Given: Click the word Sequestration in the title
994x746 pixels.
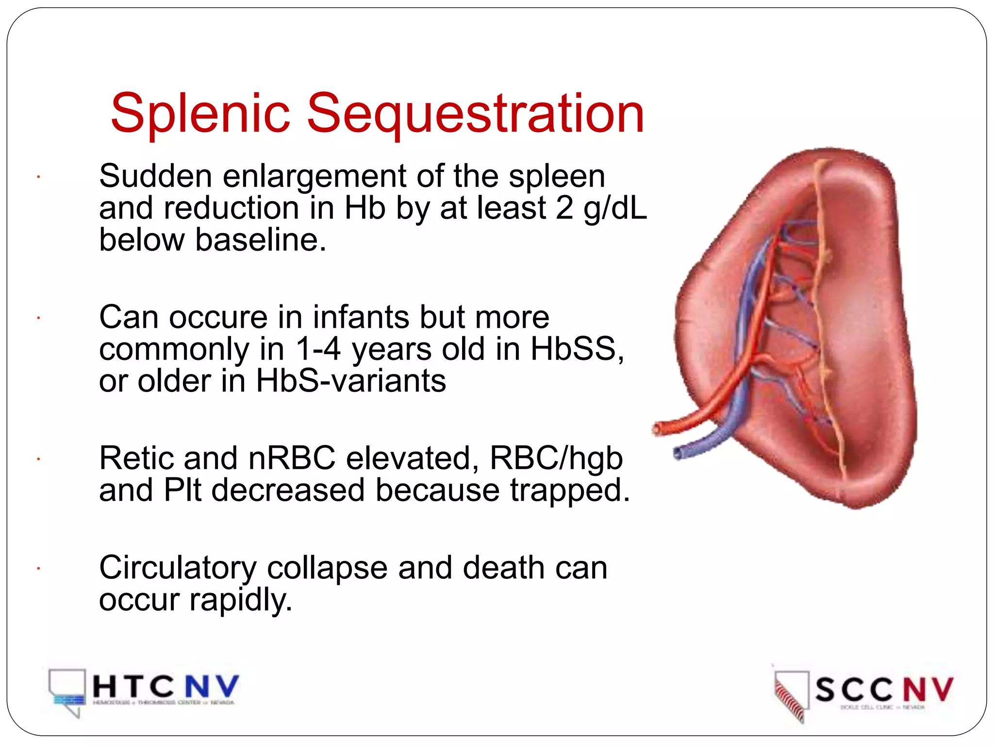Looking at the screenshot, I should (x=476, y=115).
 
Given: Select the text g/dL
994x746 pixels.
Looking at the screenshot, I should (x=615, y=209).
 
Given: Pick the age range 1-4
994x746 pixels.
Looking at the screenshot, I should (x=318, y=349).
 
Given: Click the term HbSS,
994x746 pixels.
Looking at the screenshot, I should (x=577, y=349).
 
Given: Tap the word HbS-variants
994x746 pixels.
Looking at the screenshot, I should (x=350, y=381).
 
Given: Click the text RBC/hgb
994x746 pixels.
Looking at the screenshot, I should (x=556, y=458).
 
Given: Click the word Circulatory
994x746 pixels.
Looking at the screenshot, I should (x=178, y=568).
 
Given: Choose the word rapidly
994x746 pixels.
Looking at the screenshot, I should (x=241, y=600).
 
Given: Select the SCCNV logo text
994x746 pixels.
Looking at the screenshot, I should (x=884, y=690).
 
